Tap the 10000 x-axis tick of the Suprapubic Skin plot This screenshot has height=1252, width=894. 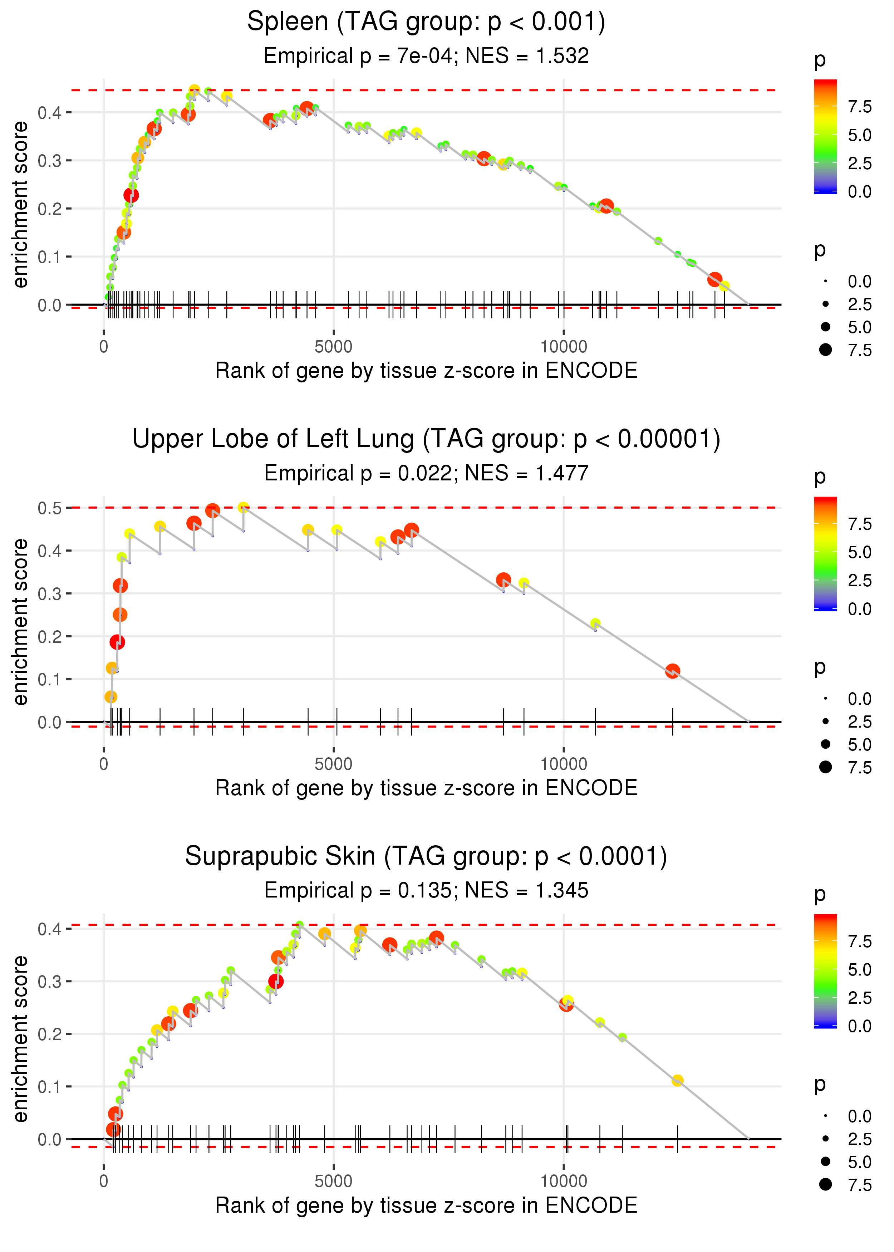tap(563, 1181)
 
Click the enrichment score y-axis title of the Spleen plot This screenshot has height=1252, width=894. tap(20, 205)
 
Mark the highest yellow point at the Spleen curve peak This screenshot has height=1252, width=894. tap(194, 90)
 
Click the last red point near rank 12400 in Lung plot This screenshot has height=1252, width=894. tap(672, 671)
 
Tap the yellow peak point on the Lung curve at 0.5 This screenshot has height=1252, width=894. tap(243, 507)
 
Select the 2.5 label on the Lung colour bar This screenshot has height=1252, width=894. tap(859, 580)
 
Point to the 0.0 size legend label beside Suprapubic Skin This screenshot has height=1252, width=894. tap(859, 1116)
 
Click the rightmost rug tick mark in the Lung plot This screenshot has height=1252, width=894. tap(672, 722)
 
